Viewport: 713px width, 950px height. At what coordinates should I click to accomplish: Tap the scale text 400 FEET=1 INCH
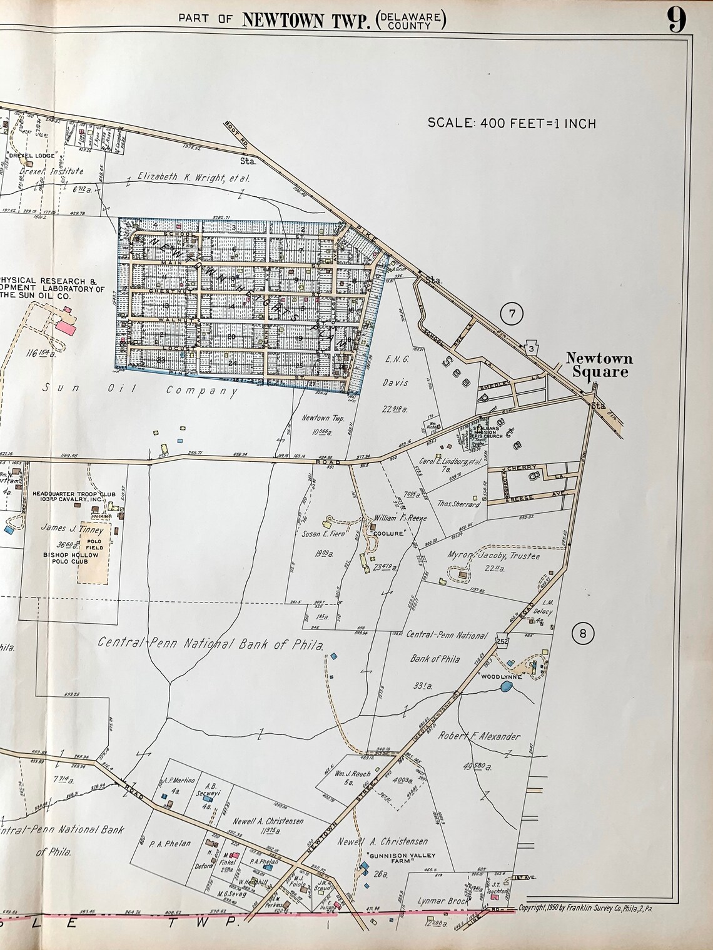[x=512, y=123]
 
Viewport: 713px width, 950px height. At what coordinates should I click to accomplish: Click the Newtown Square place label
[x=599, y=365]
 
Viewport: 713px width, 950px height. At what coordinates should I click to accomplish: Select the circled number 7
[x=512, y=314]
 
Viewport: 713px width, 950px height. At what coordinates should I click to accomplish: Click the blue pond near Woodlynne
[x=507, y=687]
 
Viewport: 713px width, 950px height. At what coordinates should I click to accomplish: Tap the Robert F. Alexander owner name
[x=480, y=736]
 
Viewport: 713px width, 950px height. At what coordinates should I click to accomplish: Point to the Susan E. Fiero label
[x=325, y=534]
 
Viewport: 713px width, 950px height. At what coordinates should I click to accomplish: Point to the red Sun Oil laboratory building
[x=66, y=326]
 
